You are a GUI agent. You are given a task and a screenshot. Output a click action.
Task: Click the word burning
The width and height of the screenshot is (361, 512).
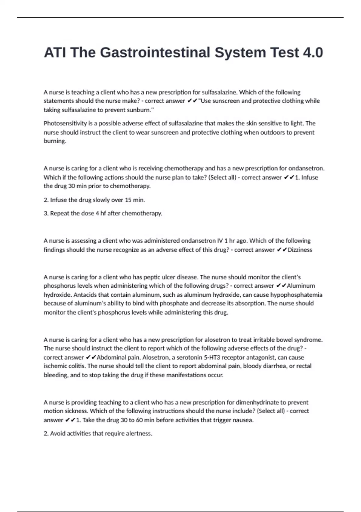pyautogui.click(x=55, y=141)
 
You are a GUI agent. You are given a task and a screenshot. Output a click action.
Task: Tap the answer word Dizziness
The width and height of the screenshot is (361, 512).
pyautogui.click(x=300, y=250)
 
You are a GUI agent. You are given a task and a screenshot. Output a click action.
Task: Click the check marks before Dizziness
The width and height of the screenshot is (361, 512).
pyautogui.click(x=282, y=250)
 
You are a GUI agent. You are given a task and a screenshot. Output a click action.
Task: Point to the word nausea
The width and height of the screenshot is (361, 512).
pyautogui.click(x=243, y=420)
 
